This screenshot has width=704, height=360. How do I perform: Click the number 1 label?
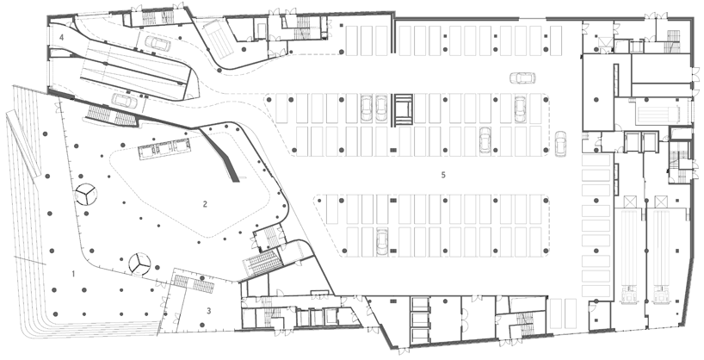74,273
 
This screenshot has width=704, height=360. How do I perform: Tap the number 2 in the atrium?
205,204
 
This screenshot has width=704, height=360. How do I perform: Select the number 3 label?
209,310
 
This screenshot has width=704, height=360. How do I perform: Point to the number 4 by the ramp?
61,37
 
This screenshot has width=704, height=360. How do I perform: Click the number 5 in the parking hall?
443,175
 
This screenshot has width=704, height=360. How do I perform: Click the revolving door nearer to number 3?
139,264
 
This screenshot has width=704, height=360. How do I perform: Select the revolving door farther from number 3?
85,195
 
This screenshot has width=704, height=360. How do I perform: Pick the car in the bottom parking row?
382,241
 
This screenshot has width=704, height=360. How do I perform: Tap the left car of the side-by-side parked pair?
367,108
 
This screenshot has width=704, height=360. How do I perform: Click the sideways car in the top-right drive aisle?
522,78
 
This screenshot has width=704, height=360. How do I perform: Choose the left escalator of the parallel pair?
628,252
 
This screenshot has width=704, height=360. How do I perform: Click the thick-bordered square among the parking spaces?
404,109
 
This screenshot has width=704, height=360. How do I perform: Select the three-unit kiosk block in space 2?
164,147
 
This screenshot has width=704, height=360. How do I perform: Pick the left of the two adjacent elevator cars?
630,141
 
